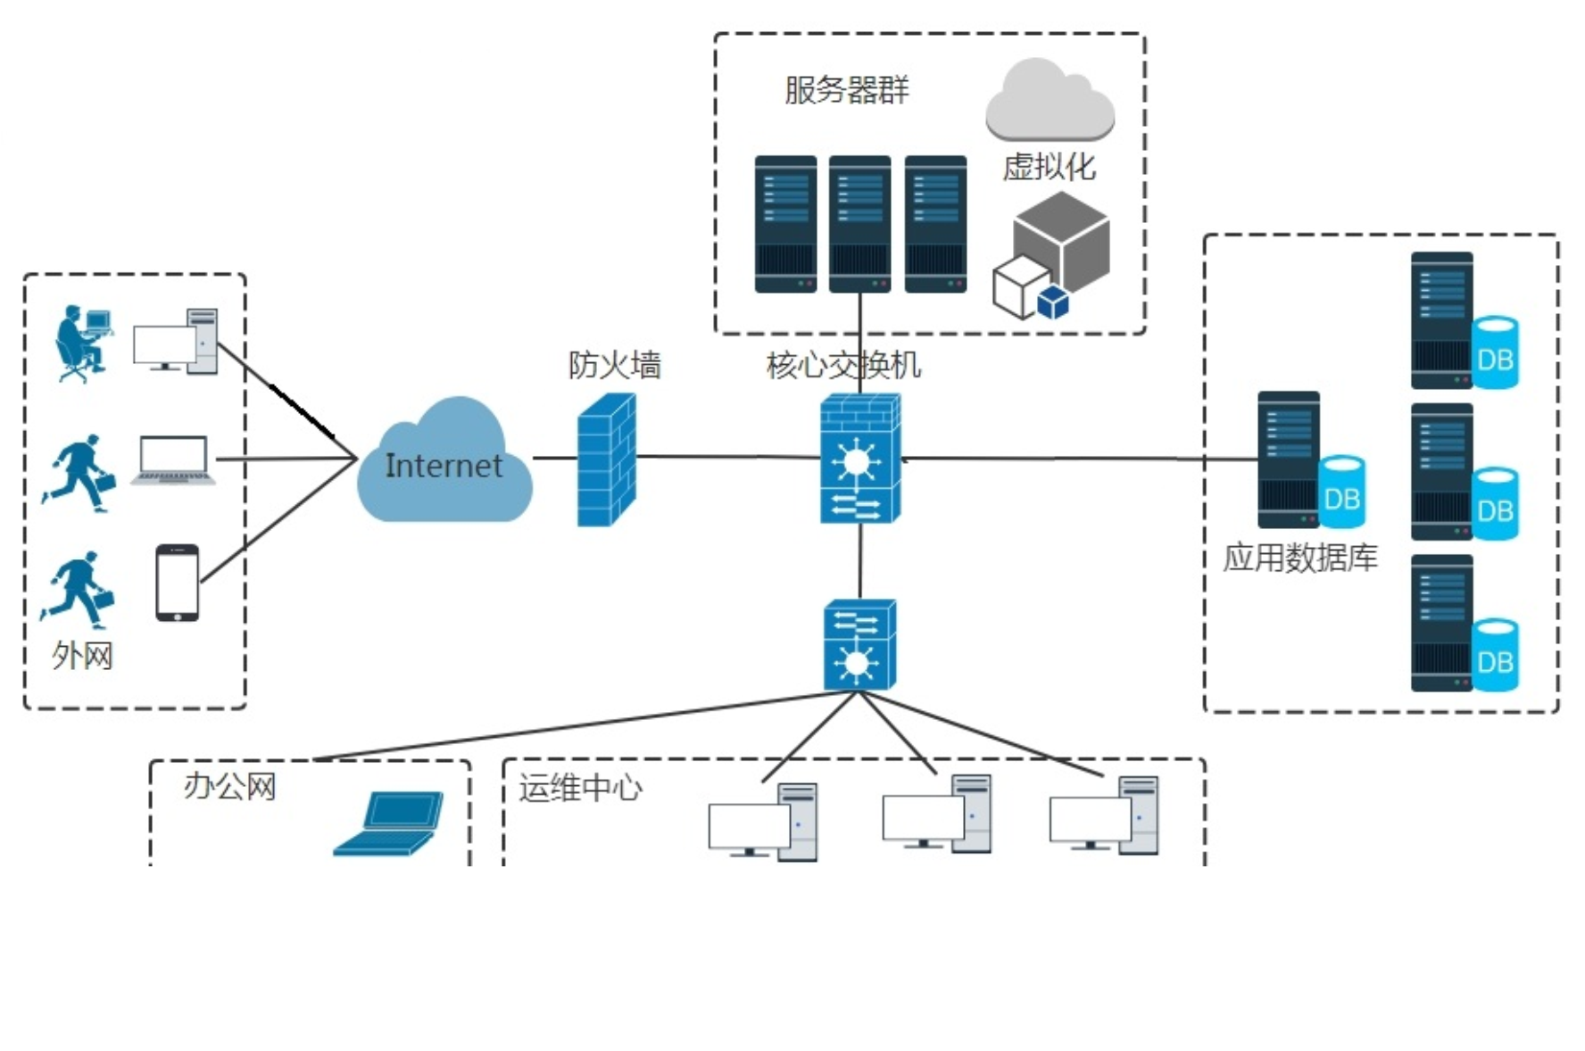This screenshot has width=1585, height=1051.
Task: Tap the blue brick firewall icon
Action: pyautogui.click(x=606, y=460)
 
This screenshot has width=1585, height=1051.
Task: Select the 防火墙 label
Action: pyautogui.click(x=614, y=365)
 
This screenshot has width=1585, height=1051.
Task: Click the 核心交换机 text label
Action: pyautogui.click(x=842, y=365)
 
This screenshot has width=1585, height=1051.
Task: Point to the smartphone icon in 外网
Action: pyautogui.click(x=178, y=583)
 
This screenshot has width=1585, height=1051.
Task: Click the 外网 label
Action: pyautogui.click(x=82, y=656)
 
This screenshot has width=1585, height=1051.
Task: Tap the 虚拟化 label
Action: pyautogui.click(x=1049, y=167)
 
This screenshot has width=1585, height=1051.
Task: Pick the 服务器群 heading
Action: pyautogui.click(x=846, y=90)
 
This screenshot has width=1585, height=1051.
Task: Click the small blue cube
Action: pyautogui.click(x=1053, y=302)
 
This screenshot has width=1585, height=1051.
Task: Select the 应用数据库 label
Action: pyautogui.click(x=1299, y=558)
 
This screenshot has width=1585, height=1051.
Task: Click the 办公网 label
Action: pyautogui.click(x=229, y=787)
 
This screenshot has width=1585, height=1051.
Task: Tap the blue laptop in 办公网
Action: pyautogui.click(x=389, y=823)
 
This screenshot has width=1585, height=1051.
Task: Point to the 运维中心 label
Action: pyautogui.click(x=580, y=788)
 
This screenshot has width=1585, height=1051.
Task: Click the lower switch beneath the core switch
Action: pyautogui.click(x=859, y=644)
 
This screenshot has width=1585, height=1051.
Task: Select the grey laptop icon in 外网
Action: pyautogui.click(x=173, y=459)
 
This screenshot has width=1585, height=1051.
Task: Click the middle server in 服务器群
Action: pyautogui.click(x=859, y=224)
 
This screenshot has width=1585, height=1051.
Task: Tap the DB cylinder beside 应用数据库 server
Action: pyautogui.click(x=1341, y=492)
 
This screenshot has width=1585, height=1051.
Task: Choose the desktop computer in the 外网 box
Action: pyautogui.click(x=176, y=342)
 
